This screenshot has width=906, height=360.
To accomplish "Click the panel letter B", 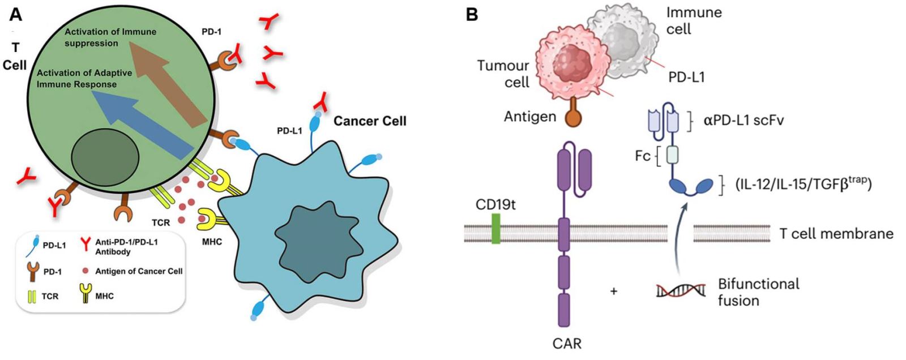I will (472, 14).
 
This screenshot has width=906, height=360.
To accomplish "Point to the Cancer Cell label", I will (370, 121).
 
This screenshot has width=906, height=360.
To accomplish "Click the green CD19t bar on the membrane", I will (496, 228).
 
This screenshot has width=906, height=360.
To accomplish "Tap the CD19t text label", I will (495, 204).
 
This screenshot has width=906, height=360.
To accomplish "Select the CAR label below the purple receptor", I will (567, 343).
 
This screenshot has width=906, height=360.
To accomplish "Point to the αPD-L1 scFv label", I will (743, 120).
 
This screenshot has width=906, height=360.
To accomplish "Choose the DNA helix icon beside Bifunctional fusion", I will (681, 291).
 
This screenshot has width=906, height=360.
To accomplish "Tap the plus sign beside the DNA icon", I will (614, 292).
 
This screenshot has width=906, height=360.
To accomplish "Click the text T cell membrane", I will (836, 233).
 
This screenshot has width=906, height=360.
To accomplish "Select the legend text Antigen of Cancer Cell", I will (139, 271).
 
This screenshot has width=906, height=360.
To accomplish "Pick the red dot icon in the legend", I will (86, 271).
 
